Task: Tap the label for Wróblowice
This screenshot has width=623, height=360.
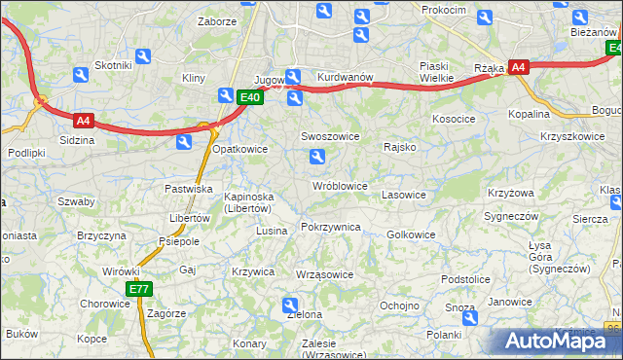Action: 340,185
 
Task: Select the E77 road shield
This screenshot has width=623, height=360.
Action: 139,289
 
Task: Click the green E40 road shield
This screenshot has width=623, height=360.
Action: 250,96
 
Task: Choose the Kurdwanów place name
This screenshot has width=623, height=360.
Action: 346,76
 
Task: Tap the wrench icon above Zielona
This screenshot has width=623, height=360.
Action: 290,305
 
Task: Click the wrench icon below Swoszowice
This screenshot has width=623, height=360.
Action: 315,157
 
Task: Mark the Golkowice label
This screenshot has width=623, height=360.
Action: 411,234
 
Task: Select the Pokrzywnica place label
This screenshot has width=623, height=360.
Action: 331,227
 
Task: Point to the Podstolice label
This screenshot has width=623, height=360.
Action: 464,278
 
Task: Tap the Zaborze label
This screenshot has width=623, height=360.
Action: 217,20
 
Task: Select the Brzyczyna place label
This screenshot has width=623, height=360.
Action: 102,235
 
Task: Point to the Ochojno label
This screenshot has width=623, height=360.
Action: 399,305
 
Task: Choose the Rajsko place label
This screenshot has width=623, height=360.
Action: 400,147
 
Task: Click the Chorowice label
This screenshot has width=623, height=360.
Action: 104,303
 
